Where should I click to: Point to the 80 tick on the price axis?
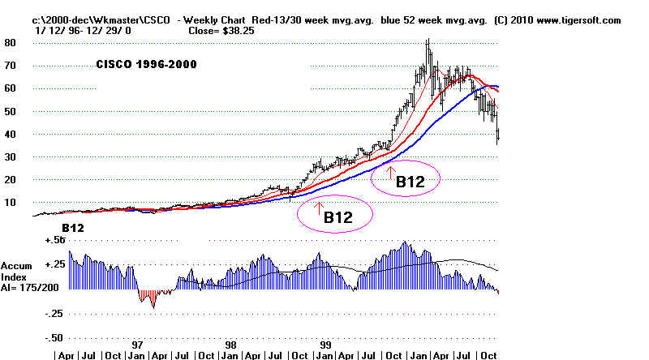tap(11, 43)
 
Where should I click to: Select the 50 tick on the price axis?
tap(11, 111)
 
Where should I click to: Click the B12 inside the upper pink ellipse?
tap(410, 182)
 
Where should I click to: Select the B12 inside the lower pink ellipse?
tap(337, 217)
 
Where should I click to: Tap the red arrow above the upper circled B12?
tap(390, 171)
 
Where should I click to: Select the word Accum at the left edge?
tap(17, 266)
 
